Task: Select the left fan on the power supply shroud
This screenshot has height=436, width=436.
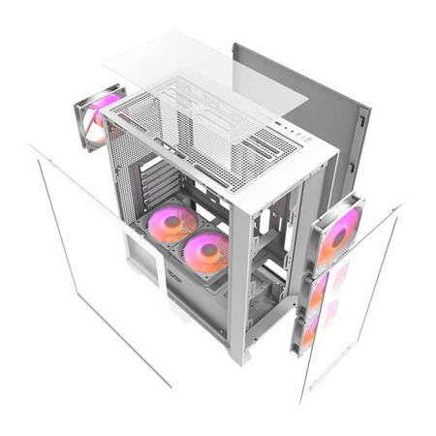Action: click(x=171, y=226)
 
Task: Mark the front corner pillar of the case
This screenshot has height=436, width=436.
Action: click(x=238, y=281)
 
